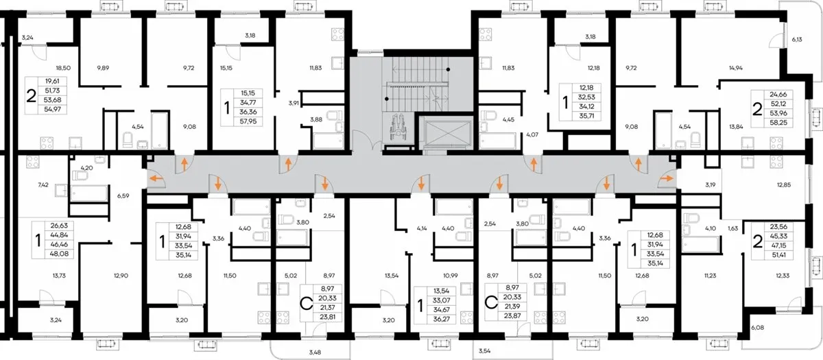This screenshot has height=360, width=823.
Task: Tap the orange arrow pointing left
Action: coord(156,178)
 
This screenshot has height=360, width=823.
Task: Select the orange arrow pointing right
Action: coord(667,178)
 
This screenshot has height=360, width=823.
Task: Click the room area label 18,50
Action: coord(63,68)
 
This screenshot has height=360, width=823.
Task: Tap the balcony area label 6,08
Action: coord(758,327)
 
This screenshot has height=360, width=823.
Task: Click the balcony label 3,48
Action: coord(315,352)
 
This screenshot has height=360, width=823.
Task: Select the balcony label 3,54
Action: coord(485,351)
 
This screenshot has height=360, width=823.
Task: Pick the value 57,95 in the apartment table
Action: coord(249,121)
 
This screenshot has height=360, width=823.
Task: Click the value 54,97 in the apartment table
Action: coord(53,109)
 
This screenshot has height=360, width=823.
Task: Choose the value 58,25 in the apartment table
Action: coord(778,123)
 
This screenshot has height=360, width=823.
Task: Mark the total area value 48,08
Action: coord(58,254)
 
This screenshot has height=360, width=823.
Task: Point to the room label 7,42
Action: coord(43,184)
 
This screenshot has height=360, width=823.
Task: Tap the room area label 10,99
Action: coord(451,276)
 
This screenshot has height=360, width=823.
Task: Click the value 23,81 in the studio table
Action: coord(327,317)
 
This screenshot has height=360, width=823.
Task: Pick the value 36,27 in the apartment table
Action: coord(441,320)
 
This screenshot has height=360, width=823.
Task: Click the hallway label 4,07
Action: coord(532,135)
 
